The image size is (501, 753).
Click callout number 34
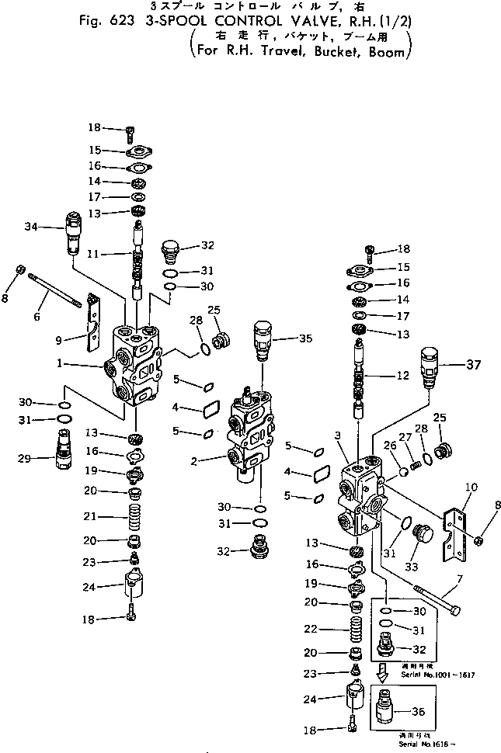(x=31, y=227)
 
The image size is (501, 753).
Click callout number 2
(x=197, y=460)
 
